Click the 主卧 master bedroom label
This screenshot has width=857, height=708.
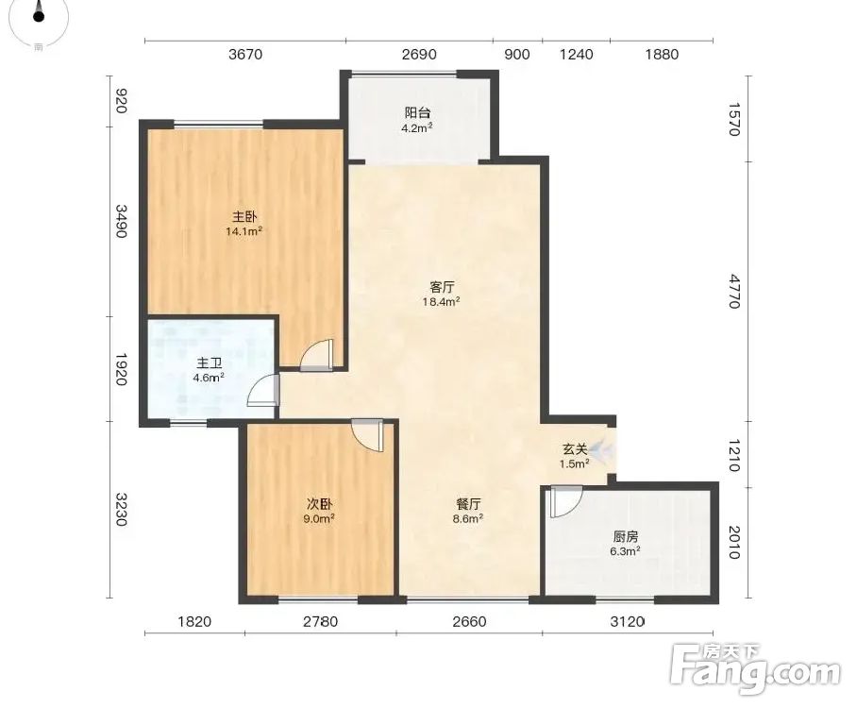244,217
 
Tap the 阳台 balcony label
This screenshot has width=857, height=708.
417,113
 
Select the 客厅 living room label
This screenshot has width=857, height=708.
442,287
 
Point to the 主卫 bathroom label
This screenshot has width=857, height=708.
209,363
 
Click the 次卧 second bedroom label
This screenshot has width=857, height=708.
319,504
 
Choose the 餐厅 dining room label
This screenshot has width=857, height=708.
468,504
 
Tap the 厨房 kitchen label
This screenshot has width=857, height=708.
625,537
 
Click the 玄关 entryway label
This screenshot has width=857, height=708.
575,449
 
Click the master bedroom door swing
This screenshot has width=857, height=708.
316,355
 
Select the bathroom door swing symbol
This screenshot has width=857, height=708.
264,391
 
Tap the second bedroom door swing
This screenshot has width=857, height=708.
368,435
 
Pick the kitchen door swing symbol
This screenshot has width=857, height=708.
566,501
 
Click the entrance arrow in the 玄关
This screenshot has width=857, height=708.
603,450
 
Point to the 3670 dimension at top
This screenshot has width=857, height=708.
245,54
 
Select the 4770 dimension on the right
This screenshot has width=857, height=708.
734,292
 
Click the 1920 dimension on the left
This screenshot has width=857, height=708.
121,369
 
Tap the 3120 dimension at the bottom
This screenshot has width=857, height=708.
627,621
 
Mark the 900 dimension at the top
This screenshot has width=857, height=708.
516,54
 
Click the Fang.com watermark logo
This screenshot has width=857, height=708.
755,669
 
